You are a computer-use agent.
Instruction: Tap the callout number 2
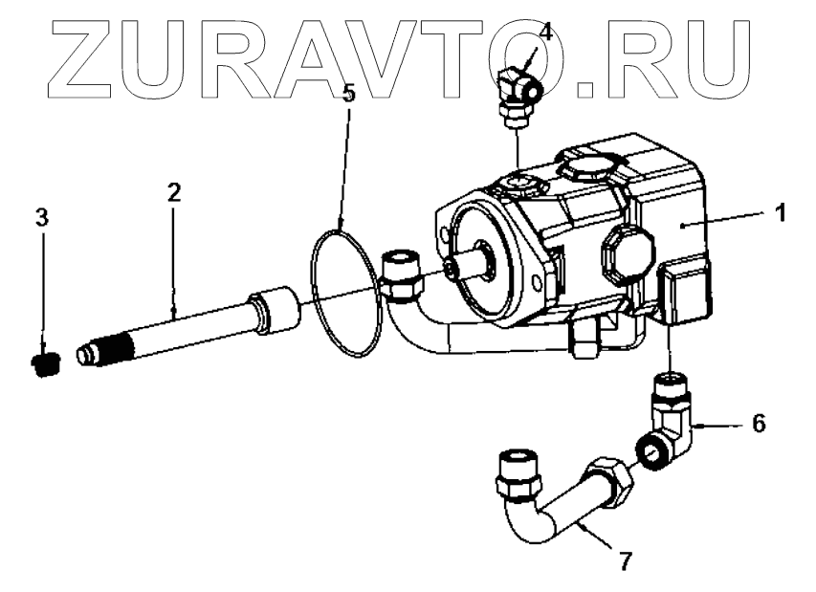(173, 192)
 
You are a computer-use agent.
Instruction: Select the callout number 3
(41, 217)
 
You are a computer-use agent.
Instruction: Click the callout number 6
(758, 422)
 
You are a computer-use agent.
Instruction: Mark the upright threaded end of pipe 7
(520, 473)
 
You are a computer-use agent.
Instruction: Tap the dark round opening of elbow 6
(651, 449)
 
